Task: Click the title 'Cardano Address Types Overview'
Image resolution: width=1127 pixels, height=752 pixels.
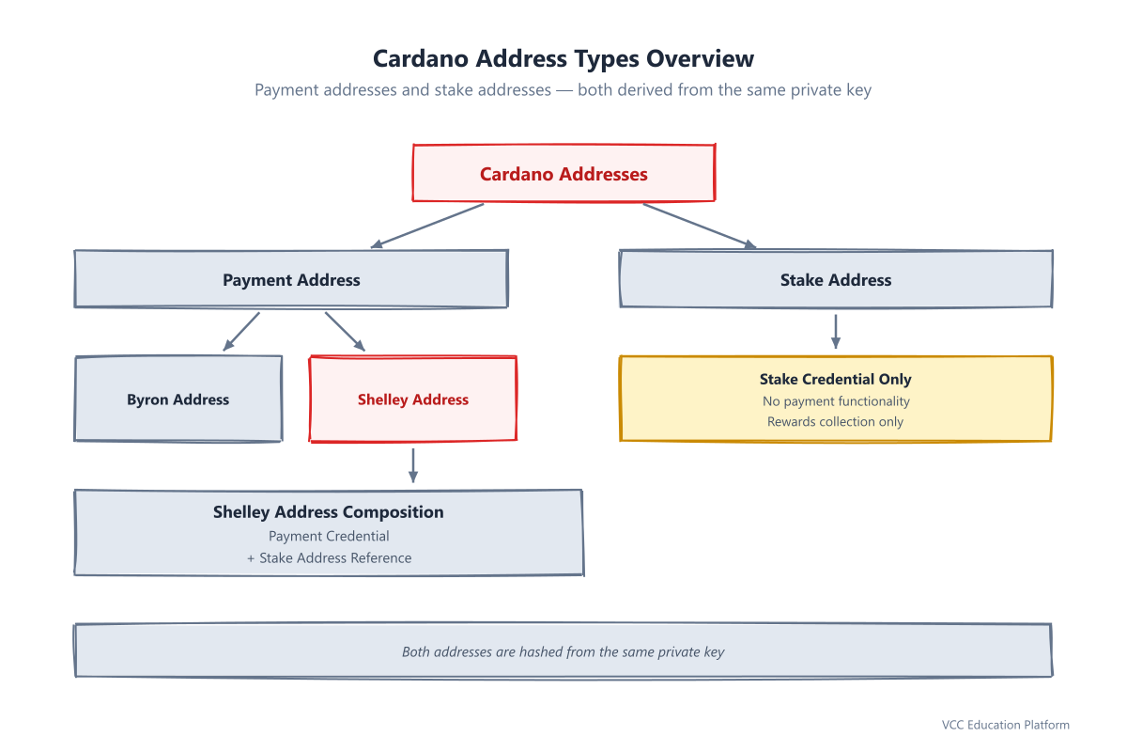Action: (x=563, y=58)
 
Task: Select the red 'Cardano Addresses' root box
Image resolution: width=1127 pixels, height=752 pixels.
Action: (x=563, y=173)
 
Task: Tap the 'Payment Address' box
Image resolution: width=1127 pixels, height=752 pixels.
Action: (x=291, y=279)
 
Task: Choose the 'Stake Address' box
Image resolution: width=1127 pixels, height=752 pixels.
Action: (x=836, y=279)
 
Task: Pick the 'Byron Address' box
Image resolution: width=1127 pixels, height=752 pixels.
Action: (x=178, y=399)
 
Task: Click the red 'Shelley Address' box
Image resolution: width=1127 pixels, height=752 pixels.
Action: (x=413, y=399)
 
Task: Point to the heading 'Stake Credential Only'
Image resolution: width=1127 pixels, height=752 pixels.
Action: (x=835, y=379)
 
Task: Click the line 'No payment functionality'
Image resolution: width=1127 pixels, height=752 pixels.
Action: (x=836, y=401)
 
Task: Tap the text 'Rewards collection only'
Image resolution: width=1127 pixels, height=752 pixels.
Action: (x=835, y=421)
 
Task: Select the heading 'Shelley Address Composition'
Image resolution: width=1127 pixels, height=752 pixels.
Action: (x=329, y=511)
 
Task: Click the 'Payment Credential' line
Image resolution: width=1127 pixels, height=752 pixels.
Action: (x=329, y=536)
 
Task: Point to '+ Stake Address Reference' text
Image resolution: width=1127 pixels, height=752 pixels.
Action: (x=329, y=558)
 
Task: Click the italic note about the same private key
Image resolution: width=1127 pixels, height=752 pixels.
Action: (x=563, y=651)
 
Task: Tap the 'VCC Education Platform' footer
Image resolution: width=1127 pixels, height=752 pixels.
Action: (x=1005, y=725)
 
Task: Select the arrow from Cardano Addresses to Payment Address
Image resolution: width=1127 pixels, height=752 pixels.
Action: (x=427, y=226)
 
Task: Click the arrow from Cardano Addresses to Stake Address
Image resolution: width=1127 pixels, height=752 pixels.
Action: (x=700, y=226)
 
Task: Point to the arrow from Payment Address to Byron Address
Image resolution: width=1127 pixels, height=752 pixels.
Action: (x=241, y=332)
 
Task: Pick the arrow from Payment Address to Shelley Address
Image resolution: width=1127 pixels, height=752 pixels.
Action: (x=346, y=332)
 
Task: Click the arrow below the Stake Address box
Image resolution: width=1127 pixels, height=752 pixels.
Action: (x=836, y=332)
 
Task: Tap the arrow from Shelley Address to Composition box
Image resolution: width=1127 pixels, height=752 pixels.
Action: (x=413, y=465)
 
